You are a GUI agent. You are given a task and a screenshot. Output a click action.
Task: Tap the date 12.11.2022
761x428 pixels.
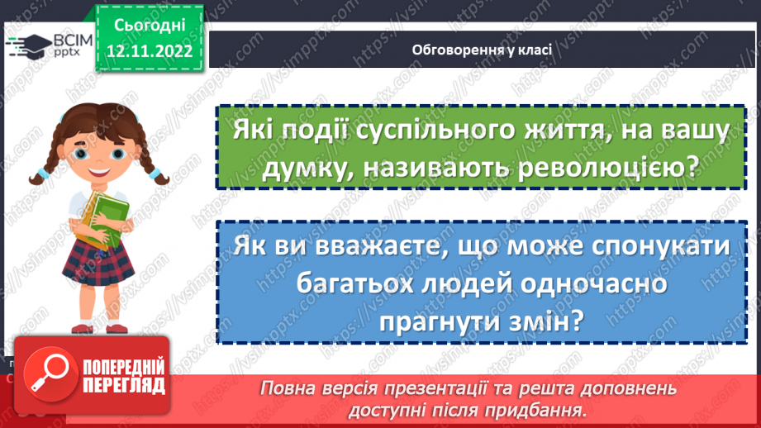tap(149, 50)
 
